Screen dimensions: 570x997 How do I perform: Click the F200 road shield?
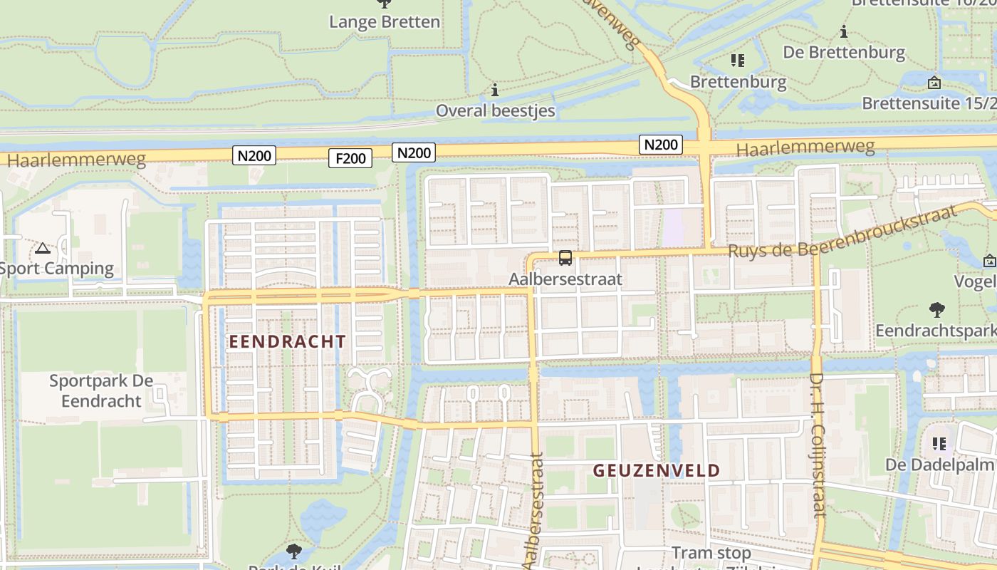[350, 158]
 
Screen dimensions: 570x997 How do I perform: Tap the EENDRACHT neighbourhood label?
[287, 341]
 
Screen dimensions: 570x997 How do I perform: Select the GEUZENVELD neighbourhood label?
[657, 470]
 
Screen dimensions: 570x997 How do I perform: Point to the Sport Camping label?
[57, 269]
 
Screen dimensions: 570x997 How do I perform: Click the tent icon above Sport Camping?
[43, 249]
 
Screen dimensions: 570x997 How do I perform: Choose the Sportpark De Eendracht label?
[101, 390]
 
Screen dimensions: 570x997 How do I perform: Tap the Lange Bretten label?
[385, 22]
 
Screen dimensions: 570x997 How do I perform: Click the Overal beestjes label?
[495, 110]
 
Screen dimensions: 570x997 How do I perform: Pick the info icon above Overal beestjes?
[495, 90]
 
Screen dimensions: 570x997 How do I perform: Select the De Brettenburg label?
[844, 52]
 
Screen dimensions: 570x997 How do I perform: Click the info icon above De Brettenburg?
[844, 32]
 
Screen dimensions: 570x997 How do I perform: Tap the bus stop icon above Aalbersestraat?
[565, 259]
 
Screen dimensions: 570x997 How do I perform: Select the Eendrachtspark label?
[935, 331]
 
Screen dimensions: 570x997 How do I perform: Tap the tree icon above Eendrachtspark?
[937, 310]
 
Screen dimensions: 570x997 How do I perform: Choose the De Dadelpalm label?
[939, 465]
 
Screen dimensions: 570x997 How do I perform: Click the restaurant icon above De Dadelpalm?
[939, 444]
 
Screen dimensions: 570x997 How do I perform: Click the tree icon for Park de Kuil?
[293, 551]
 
